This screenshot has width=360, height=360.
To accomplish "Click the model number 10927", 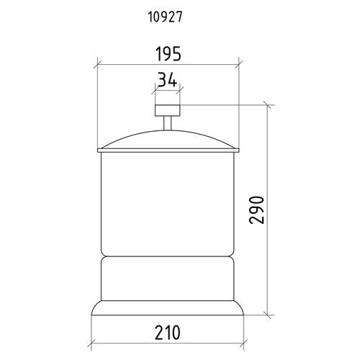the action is point(165,17).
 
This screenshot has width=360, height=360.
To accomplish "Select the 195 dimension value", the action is point(168,54).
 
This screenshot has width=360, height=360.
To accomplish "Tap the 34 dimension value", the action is point(168,80).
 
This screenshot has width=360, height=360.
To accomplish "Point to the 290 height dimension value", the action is point(257,210).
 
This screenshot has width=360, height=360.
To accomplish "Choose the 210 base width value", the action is point(167,333).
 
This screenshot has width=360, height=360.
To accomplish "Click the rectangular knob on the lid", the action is point(168,110).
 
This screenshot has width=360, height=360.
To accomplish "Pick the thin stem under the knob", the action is point(168,123).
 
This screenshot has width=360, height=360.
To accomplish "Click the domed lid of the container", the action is point(168,139).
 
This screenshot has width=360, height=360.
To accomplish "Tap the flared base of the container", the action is point(168,308).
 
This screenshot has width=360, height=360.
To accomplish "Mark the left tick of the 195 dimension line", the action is point(97,65).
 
